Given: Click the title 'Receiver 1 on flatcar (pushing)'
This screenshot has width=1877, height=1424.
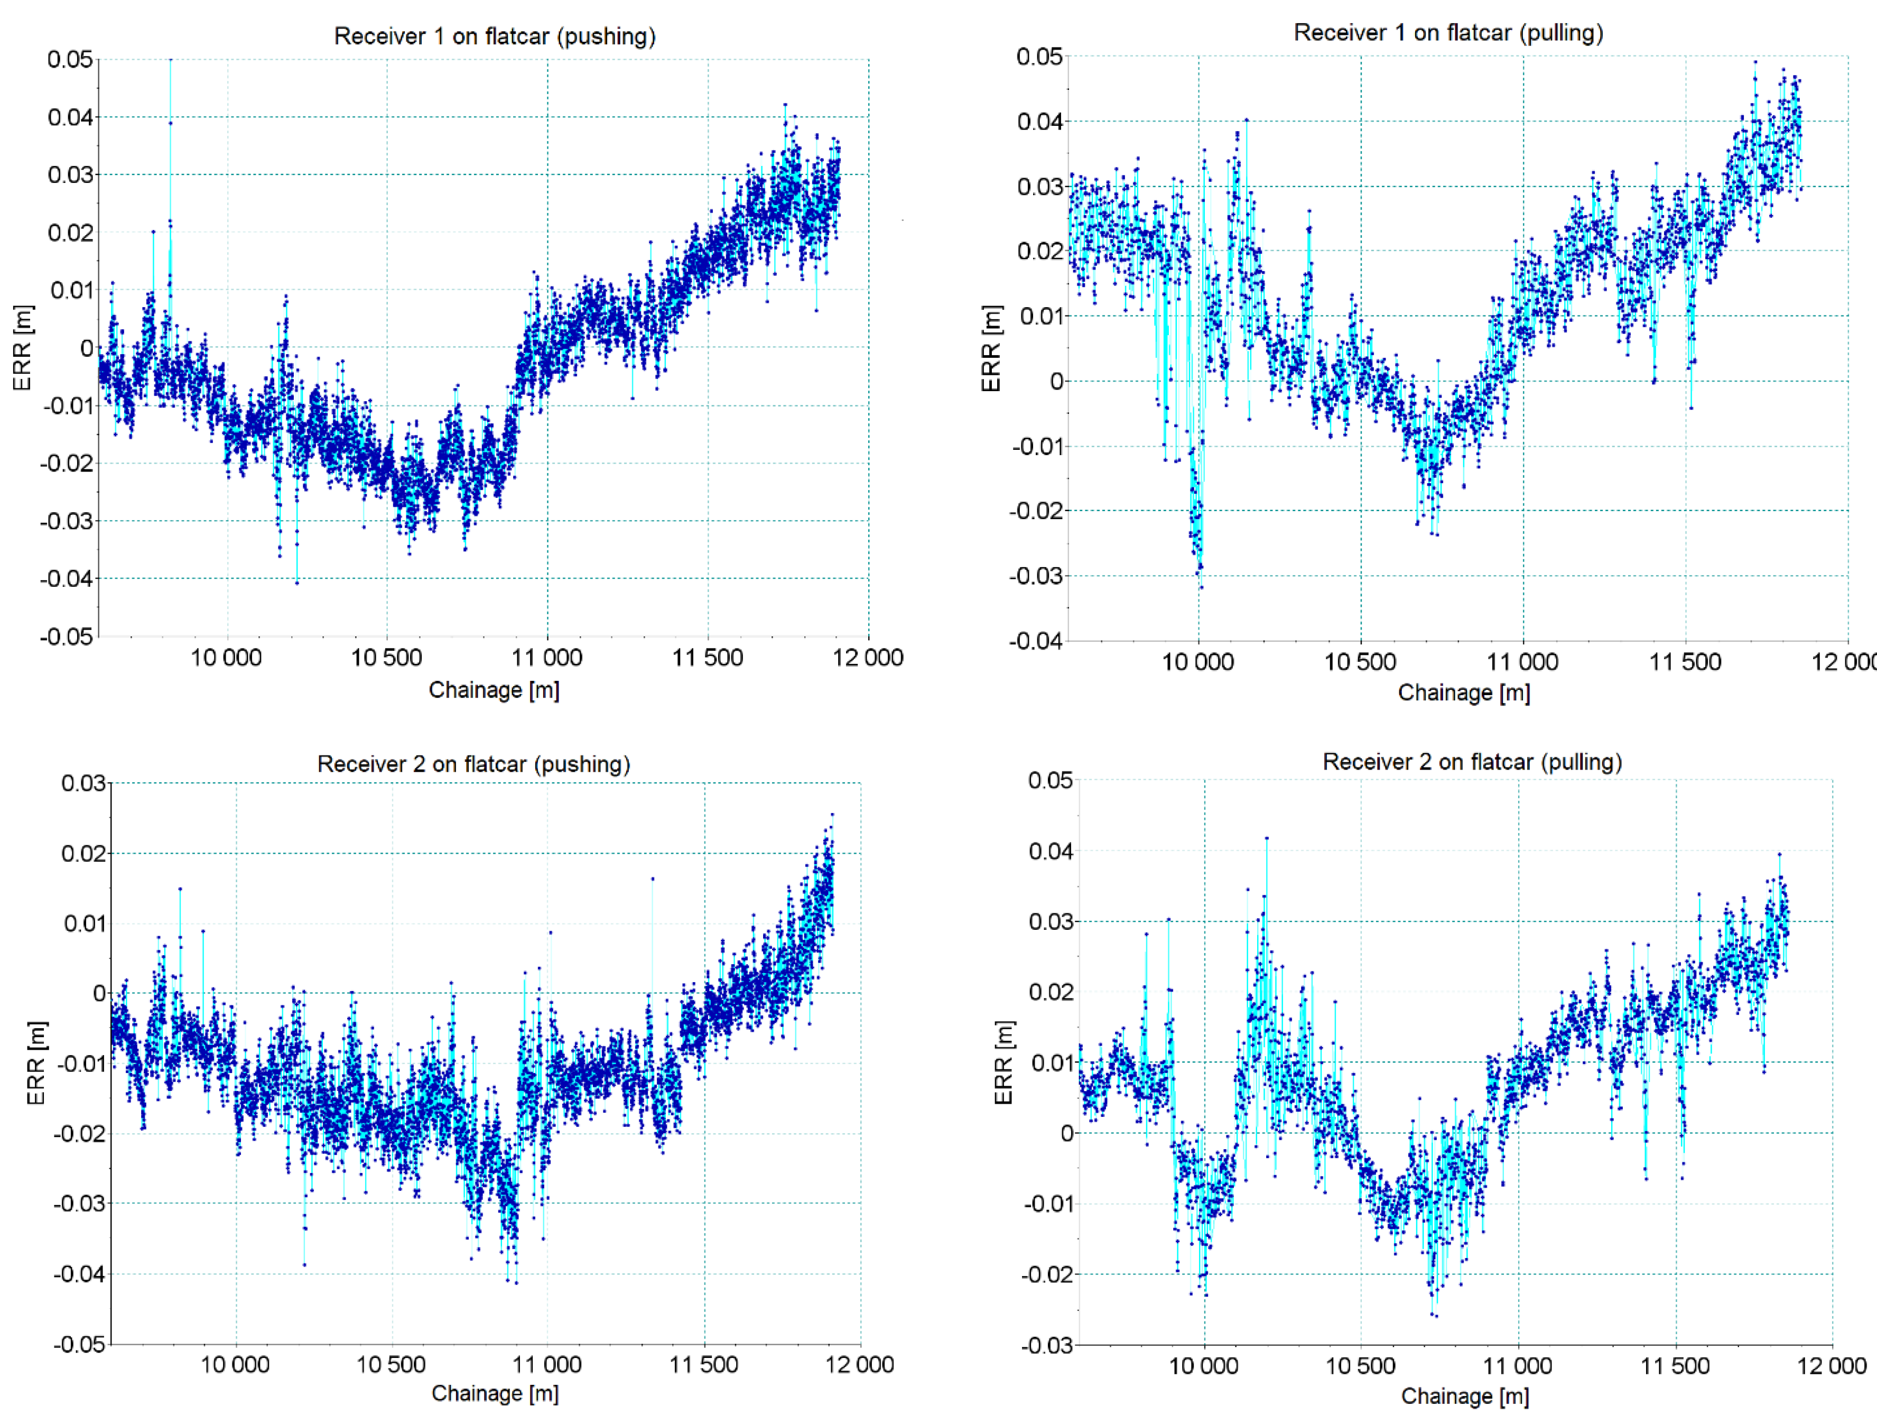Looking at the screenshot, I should (495, 36).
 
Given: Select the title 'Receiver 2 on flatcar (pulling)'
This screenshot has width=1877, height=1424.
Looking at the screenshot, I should (1472, 762).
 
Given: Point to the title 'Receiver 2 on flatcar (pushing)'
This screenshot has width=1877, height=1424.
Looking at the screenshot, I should (473, 765).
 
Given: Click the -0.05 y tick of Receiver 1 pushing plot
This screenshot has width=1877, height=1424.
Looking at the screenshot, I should (66, 636).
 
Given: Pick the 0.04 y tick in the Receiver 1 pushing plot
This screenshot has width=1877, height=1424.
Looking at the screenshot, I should (70, 117).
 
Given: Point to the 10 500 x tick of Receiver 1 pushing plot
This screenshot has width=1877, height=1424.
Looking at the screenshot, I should (386, 658).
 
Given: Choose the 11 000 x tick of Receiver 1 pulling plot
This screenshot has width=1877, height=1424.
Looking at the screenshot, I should (1522, 662).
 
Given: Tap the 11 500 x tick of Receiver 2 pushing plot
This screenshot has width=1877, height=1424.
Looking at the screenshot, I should (703, 1365).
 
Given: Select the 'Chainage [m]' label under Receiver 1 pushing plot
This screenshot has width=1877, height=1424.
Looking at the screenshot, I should (494, 690).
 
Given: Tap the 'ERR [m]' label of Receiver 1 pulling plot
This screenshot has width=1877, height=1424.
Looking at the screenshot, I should (991, 348).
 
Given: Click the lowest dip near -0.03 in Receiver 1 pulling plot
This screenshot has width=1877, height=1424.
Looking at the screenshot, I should (1200, 586).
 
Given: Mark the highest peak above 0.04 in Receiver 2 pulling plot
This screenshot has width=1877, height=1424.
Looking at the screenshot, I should (1266, 838).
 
